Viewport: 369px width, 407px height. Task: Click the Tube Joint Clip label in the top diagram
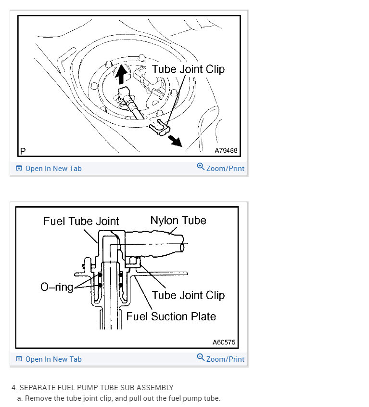click(188, 69)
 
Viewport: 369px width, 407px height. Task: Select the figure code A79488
click(226, 150)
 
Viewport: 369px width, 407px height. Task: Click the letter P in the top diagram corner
click(23, 151)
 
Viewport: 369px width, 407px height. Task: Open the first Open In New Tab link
click(53, 169)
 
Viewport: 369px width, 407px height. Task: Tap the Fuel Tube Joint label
click(81, 222)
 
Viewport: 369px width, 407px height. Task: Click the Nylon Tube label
click(178, 221)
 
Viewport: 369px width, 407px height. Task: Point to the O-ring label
click(57, 288)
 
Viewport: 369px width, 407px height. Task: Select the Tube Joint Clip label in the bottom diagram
click(188, 295)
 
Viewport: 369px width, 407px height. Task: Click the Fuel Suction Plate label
click(171, 316)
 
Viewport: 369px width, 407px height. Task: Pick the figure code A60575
click(224, 342)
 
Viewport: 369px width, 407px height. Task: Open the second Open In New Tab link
click(53, 359)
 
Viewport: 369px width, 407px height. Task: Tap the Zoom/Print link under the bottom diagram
click(225, 359)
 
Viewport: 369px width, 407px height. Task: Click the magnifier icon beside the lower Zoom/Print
click(201, 357)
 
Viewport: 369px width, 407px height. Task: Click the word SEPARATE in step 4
click(37, 388)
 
